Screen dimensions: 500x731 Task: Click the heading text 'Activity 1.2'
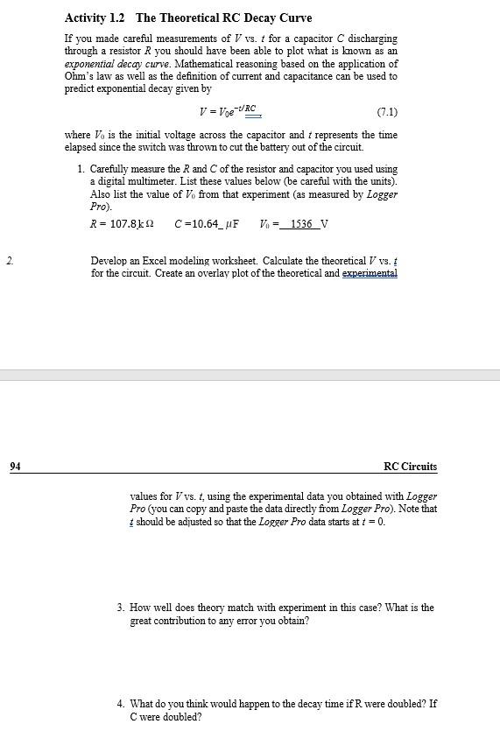coord(95,18)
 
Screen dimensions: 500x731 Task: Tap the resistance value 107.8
coord(120,223)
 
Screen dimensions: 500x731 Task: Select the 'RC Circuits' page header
coord(410,467)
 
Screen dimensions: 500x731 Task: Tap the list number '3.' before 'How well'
coord(120,608)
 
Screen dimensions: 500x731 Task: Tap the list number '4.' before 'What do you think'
coord(120,704)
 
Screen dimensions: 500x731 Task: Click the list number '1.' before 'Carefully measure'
coord(81,169)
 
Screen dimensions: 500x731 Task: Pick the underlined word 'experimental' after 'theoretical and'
coord(368,273)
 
